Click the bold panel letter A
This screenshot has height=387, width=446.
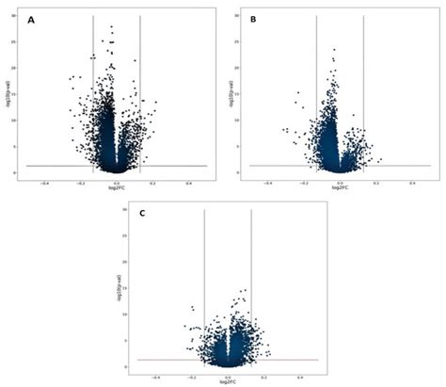coord(32,21)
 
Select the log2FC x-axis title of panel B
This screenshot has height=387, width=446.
coord(340,186)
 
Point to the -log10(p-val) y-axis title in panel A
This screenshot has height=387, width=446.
coord(8,94)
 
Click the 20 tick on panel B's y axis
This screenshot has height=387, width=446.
coord(240,68)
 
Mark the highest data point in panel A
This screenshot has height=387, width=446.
coord(112,27)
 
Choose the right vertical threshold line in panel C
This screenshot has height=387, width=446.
coord(251,282)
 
